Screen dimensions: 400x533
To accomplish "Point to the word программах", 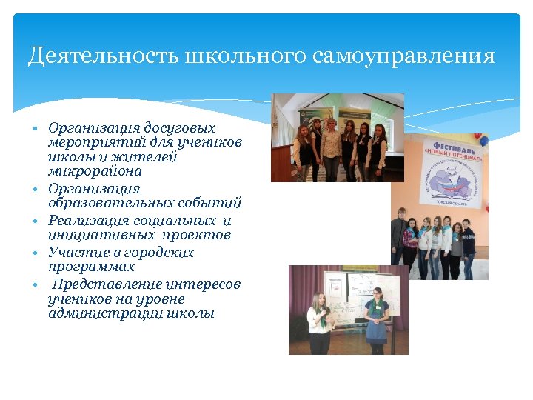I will pyautogui.click(x=91, y=267).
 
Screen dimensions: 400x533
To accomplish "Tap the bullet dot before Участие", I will pyautogui.click(x=35, y=253).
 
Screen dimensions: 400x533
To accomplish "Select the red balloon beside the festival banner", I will pyautogui.click(x=484, y=139).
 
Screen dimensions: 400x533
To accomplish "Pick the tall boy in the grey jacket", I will pyautogui.click(x=400, y=241).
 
